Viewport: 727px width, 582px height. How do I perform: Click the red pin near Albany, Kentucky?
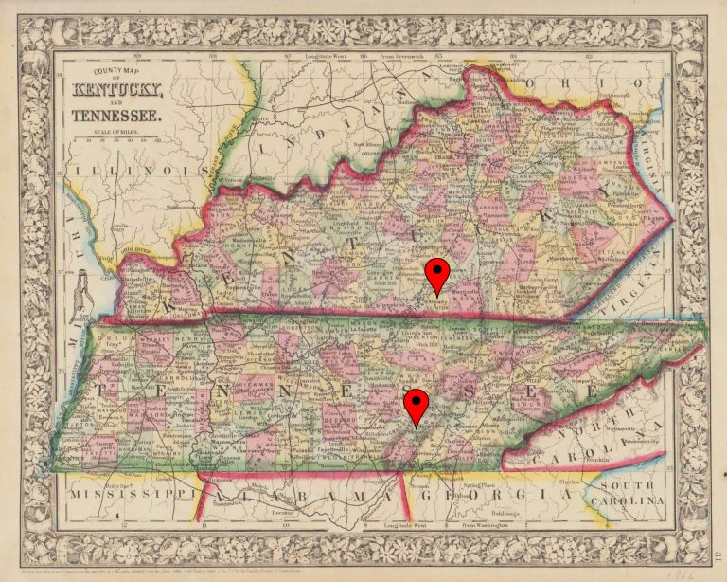point(436,273)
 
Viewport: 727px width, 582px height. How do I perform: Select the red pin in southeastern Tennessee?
point(416,404)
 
